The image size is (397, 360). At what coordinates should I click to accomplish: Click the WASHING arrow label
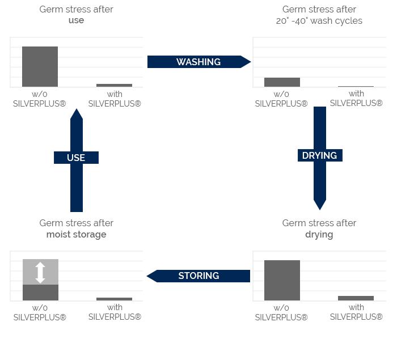[x=198, y=62]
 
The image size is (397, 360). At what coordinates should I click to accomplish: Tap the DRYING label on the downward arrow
[x=320, y=155]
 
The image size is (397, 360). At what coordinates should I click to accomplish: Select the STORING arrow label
[x=198, y=276]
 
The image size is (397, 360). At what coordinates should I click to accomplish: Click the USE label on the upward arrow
[x=76, y=158]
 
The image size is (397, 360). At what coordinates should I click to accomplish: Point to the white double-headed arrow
[x=40, y=272]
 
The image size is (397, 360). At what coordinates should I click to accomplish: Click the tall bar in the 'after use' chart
[x=40, y=66]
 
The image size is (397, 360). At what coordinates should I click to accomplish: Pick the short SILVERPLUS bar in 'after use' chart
[x=114, y=85]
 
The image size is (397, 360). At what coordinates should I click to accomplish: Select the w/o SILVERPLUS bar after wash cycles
[x=282, y=82]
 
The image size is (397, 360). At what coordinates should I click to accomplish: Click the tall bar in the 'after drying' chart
[x=282, y=280]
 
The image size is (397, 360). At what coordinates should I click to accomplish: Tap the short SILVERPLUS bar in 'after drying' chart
[x=356, y=298]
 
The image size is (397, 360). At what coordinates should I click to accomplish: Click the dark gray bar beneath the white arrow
[x=40, y=293]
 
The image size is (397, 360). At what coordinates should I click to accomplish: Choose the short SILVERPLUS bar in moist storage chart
[x=114, y=299]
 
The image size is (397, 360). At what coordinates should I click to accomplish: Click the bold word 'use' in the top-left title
[x=76, y=20]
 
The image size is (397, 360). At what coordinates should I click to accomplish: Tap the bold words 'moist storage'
[x=76, y=234]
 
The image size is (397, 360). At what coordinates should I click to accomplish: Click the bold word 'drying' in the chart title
[x=319, y=234]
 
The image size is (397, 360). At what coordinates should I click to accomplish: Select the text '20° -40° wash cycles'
[x=319, y=20]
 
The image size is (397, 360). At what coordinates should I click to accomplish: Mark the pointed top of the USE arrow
[x=76, y=112]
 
